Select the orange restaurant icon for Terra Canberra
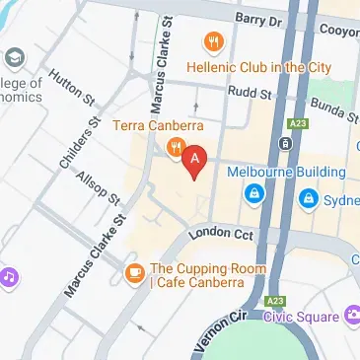coord(175,148)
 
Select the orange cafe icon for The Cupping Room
coord(133,270)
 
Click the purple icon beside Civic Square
coord(353,317)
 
